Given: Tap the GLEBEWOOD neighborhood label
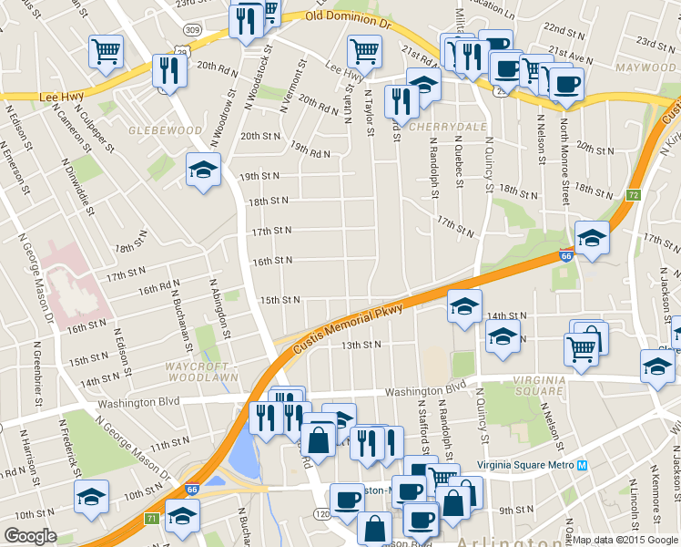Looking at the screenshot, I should pos(166,130).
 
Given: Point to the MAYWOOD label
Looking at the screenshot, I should pos(643,67).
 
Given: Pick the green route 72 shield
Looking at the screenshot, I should pos(634,195).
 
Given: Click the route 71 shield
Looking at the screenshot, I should pos(151,519).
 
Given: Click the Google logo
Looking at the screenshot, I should pos(30,536).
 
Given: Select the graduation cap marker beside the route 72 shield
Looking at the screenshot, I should pos(592,239).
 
